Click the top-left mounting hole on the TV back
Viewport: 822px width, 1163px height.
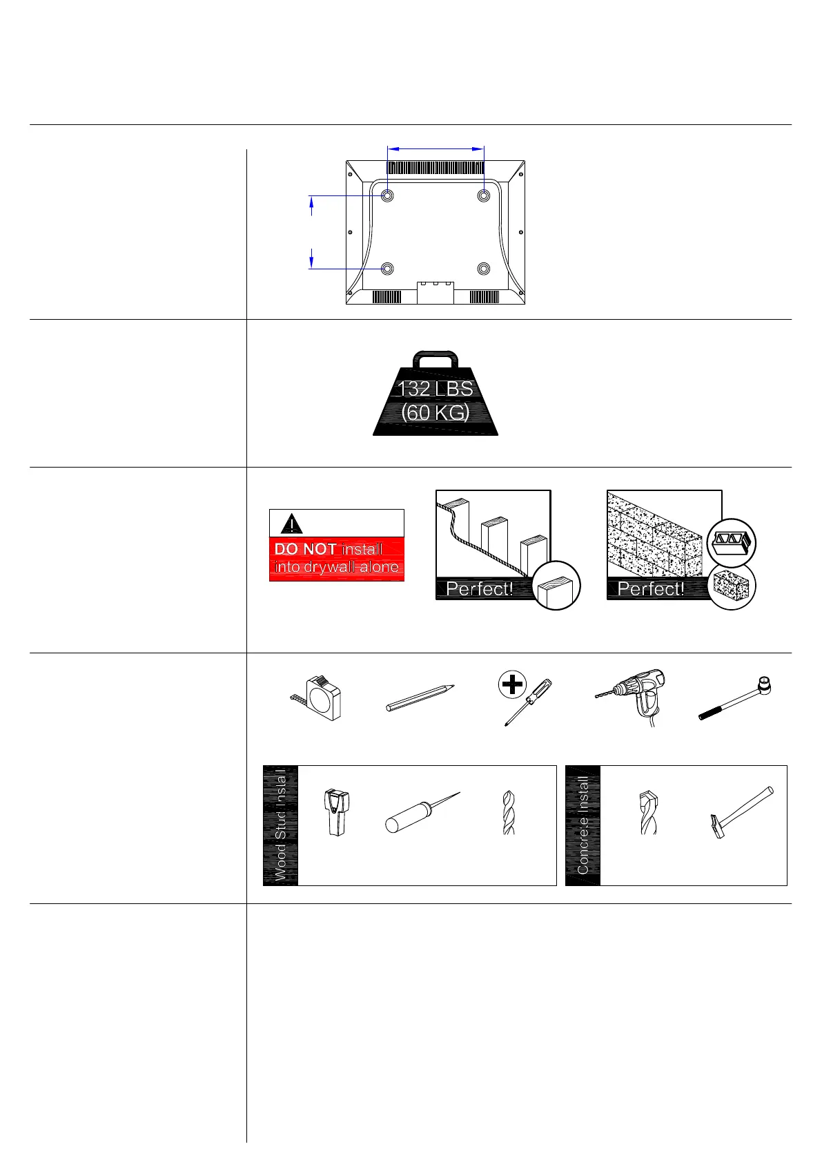[x=387, y=195]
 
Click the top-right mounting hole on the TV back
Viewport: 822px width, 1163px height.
[x=484, y=195]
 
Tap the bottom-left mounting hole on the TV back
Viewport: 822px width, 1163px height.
[x=387, y=268]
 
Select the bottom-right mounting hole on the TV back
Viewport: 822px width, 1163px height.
[x=484, y=268]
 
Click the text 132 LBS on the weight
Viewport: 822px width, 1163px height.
[x=436, y=388]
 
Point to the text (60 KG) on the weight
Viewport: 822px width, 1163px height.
[x=436, y=413]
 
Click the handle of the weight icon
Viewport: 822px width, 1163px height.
[x=436, y=359]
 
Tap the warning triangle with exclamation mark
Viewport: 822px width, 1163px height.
[x=292, y=523]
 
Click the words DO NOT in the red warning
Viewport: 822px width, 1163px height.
[x=305, y=549]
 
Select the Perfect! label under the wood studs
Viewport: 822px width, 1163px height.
[x=480, y=589]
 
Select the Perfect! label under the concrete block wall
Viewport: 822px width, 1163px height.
[x=651, y=589]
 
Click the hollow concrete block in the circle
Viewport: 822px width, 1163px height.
[x=732, y=542]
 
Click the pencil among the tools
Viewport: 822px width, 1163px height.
[x=420, y=698]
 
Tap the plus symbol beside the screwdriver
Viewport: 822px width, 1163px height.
[x=512, y=685]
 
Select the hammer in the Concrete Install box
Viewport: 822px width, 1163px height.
[x=741, y=811]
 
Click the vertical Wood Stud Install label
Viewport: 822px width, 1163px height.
[x=281, y=825]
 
